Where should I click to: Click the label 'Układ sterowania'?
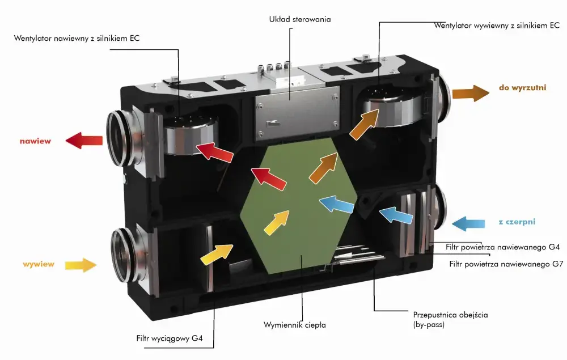click(300, 19)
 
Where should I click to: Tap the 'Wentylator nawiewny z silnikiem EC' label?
click(77, 39)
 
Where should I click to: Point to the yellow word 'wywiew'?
click(39, 264)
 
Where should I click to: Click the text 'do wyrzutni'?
click(522, 88)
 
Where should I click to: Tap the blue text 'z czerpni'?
click(517, 222)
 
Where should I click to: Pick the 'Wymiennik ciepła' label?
click(295, 325)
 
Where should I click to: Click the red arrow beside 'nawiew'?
click(84, 141)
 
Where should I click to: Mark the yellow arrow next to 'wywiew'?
click(82, 264)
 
